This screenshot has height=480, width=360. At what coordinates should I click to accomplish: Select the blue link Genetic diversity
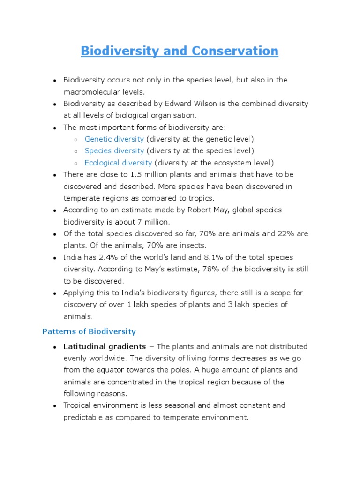pyautogui.click(x=114, y=139)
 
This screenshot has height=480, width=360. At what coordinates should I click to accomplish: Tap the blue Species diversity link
pyautogui.click(x=114, y=151)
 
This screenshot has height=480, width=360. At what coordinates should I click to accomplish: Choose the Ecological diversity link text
pyautogui.click(x=118, y=163)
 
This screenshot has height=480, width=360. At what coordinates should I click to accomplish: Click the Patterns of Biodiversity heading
pyautogui.click(x=89, y=331)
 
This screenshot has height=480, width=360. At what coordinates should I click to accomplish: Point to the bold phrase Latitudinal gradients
pyautogui.click(x=105, y=347)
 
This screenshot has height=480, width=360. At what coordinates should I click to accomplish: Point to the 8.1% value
pyautogui.click(x=214, y=257)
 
